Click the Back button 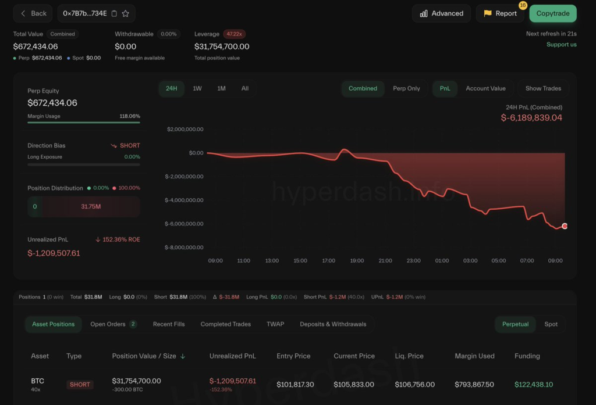(33, 13)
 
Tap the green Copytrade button (552, 13)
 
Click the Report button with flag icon (500, 13)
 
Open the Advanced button (441, 13)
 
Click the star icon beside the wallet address (126, 13)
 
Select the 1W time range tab (197, 88)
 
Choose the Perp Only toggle (406, 88)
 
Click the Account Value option (485, 88)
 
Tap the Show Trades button (543, 88)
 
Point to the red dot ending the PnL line (565, 226)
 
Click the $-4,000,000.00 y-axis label (184, 200)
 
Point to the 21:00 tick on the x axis (385, 261)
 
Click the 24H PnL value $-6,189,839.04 (531, 118)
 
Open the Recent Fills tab (169, 324)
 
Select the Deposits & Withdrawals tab (333, 324)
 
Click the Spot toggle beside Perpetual (551, 324)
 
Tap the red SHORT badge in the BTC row (80, 385)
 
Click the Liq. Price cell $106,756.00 (414, 385)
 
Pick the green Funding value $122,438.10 (534, 385)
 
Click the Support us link (561, 45)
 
